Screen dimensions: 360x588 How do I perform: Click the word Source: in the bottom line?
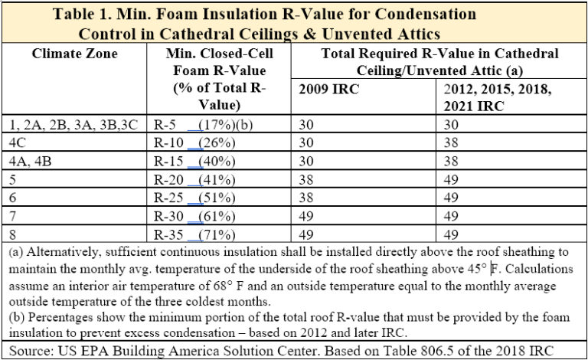coord(28,349)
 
